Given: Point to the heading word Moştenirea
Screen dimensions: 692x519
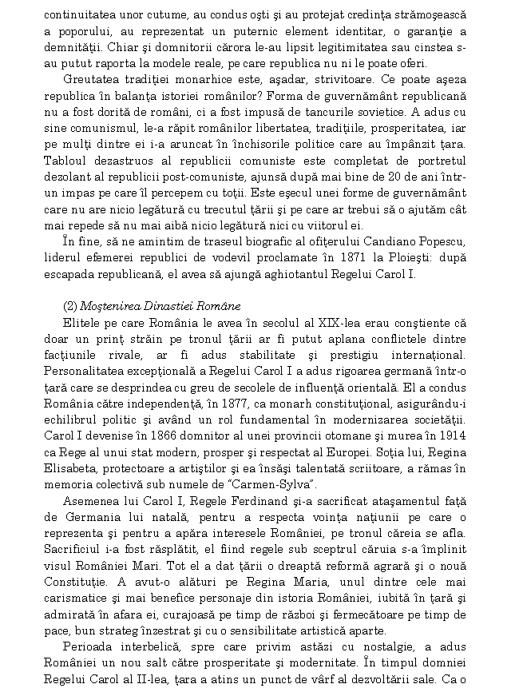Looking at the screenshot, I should (x=112, y=308).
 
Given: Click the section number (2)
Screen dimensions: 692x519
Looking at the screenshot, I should (x=70, y=308).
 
